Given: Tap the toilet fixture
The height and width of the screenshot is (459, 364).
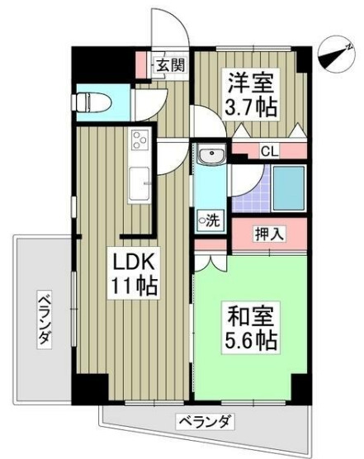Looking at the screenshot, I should tap(89, 102).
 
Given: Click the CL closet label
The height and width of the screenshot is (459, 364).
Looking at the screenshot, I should tap(268, 150).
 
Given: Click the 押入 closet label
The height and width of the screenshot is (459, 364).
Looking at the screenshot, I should tap(268, 234).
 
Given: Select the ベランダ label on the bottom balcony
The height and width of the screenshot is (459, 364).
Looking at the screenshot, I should tap(204, 422).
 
